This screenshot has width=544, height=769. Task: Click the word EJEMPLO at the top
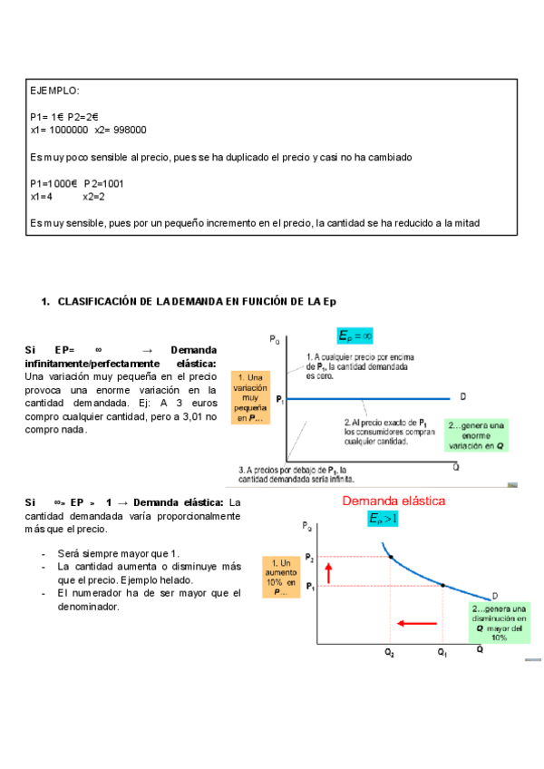[x=54, y=91]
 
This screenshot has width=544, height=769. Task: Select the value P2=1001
[x=104, y=184]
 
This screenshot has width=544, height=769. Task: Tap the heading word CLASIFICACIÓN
[x=99, y=301]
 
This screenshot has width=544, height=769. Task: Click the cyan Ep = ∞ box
[x=355, y=336]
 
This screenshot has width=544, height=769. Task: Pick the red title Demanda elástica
[x=393, y=501]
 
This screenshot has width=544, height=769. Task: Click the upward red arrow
[x=329, y=572]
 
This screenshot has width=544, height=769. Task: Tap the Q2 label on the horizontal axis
[x=389, y=652]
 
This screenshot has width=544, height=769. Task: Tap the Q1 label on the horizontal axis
[x=442, y=652]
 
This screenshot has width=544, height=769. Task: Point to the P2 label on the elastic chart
[x=310, y=557]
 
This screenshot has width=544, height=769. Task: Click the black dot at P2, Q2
[x=391, y=556]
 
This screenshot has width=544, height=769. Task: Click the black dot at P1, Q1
[x=442, y=586]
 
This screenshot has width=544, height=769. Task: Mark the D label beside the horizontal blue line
[x=463, y=396]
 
